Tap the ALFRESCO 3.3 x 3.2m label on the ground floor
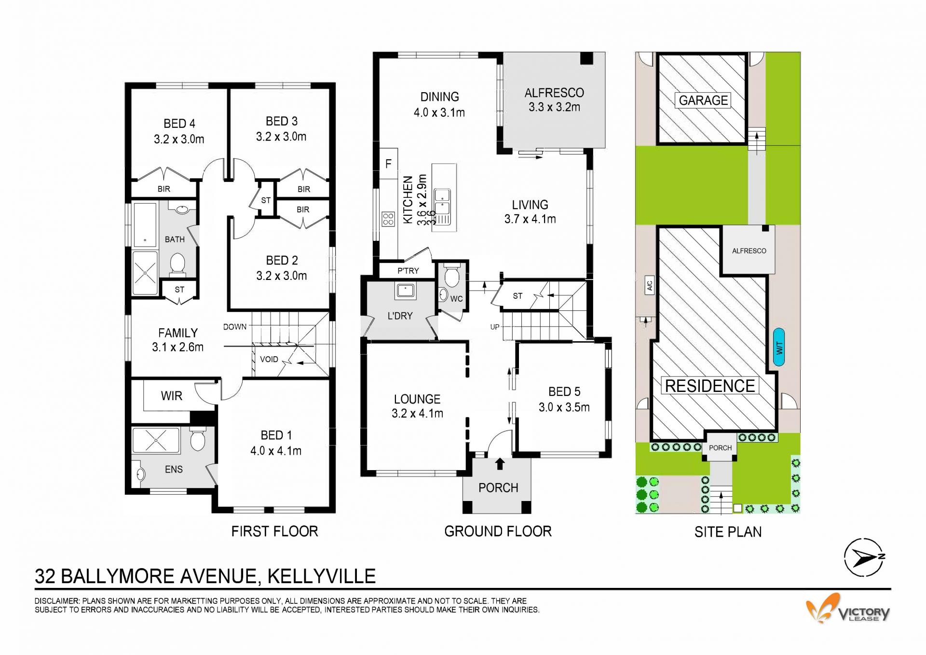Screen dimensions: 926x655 pyautogui.click(x=554, y=100)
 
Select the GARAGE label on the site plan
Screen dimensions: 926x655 pyautogui.click(x=703, y=100)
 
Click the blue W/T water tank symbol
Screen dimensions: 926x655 pyautogui.click(x=779, y=347)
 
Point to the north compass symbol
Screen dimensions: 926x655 pyautogui.click(x=864, y=558)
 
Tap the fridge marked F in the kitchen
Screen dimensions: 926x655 pyautogui.click(x=388, y=164)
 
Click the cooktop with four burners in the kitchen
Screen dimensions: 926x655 pyautogui.click(x=388, y=219)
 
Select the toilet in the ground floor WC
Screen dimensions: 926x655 pyautogui.click(x=452, y=275)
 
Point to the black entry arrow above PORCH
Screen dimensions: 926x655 pyautogui.click(x=500, y=463)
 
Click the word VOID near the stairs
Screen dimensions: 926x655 pyautogui.click(x=269, y=359)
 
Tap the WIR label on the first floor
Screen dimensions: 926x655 pyautogui.click(x=171, y=396)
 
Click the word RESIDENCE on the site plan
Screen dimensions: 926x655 pyautogui.click(x=710, y=386)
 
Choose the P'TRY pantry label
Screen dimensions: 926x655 pyautogui.click(x=408, y=271)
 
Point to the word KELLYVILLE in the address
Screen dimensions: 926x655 pyautogui.click(x=322, y=576)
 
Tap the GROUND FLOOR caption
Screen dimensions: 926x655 pyautogui.click(x=498, y=531)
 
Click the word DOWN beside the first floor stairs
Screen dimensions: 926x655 pyautogui.click(x=235, y=327)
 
